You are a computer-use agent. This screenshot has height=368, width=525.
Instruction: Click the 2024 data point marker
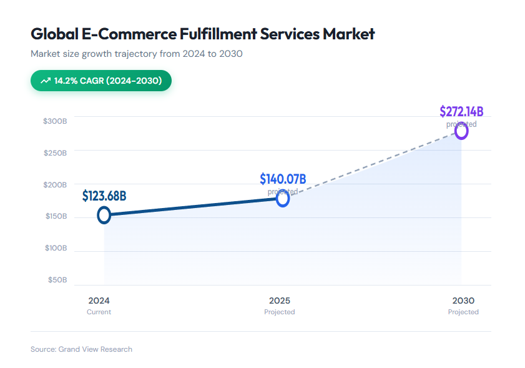[x=104, y=215]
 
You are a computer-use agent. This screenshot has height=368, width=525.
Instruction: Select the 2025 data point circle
[x=283, y=199]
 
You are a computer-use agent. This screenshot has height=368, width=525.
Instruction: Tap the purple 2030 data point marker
[x=461, y=131]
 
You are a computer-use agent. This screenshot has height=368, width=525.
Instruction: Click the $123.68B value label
[x=104, y=196]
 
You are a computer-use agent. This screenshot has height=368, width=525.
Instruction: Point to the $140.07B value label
[x=283, y=179]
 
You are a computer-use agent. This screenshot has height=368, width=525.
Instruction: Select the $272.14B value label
[x=461, y=112]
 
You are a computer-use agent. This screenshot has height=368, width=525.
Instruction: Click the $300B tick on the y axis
[x=55, y=121]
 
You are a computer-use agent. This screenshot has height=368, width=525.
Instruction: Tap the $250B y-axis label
[x=55, y=152]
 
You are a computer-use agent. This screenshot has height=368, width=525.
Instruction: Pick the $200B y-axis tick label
[x=55, y=184]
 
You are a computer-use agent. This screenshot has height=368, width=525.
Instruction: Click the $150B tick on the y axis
[x=55, y=216]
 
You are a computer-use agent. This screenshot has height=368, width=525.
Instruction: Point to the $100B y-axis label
[x=55, y=248]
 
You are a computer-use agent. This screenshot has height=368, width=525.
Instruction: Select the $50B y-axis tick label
[x=57, y=280]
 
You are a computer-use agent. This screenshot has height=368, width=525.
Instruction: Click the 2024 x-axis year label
[x=99, y=301]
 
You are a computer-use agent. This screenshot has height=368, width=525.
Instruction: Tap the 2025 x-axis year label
[x=279, y=301]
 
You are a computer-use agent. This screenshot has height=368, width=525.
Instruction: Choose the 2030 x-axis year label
[x=463, y=301]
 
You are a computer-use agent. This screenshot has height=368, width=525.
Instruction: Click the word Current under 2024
[x=99, y=312]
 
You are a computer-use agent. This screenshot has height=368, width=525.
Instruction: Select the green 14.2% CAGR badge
[x=101, y=81]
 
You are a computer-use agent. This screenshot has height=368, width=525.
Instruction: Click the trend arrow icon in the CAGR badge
[x=46, y=81]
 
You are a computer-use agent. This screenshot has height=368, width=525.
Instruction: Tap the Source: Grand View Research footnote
[x=81, y=349]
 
